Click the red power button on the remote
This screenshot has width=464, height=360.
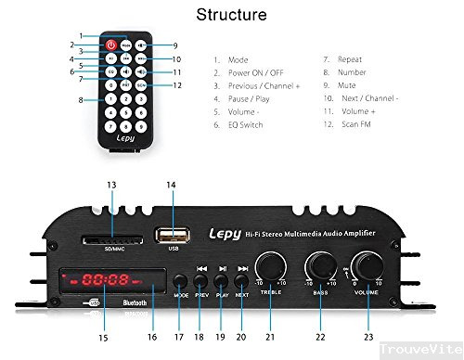(112, 44)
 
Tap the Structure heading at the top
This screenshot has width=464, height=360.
(232, 15)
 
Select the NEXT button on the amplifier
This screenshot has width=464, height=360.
(242, 279)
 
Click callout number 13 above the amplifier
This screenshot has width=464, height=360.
(110, 186)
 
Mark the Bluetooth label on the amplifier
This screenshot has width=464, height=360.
(135, 302)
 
